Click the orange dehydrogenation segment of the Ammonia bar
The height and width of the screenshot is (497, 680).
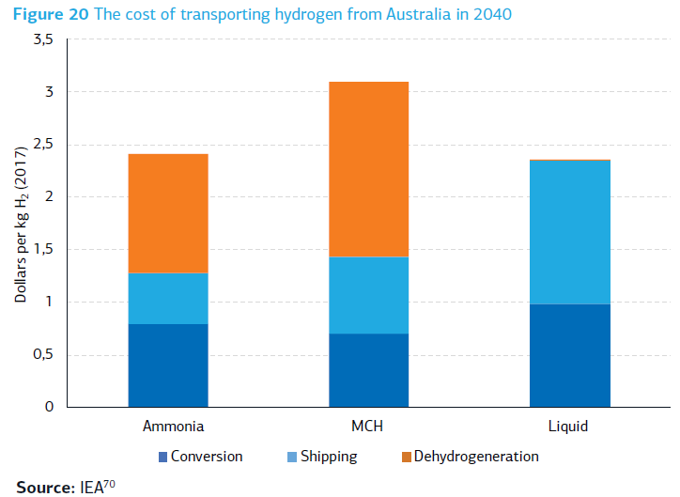pos(167,213)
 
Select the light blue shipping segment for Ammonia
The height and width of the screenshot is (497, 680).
pos(167,299)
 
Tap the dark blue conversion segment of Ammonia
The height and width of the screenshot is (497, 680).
pos(167,365)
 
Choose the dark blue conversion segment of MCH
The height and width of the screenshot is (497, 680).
pos(368,370)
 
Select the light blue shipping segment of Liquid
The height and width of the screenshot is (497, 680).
pos(569,232)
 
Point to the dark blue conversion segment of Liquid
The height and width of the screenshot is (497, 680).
pos(569,355)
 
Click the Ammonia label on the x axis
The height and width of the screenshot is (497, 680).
pos(167,427)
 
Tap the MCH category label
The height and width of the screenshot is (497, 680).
pos(368,427)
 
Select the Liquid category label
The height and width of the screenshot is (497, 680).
pos(568,427)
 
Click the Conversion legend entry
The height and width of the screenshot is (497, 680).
pos(206,457)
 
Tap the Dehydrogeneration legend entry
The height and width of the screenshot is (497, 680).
pos(475,457)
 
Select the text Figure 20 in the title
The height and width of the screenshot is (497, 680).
pos(45,14)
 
